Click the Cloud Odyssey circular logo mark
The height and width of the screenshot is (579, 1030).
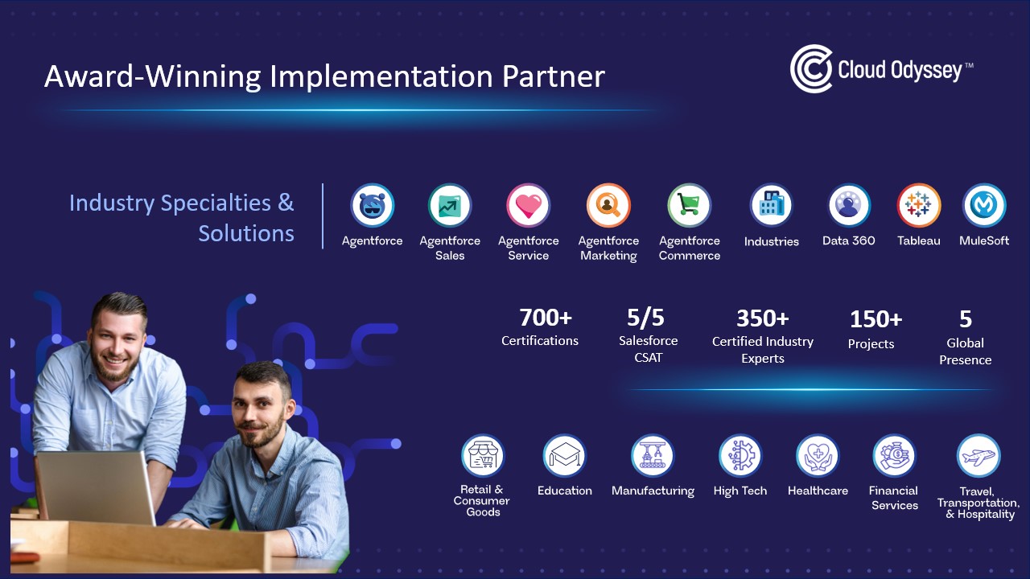pyautogui.click(x=811, y=69)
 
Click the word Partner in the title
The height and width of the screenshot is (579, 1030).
pyautogui.click(x=553, y=76)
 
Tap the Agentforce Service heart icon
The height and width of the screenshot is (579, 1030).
pyautogui.click(x=529, y=205)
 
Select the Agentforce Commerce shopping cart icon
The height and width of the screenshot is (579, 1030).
pyautogui.click(x=690, y=205)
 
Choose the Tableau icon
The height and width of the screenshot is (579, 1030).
pyautogui.click(x=918, y=205)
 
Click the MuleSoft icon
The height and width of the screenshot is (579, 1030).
pyautogui.click(x=984, y=205)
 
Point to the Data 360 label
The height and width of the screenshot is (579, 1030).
pyautogui.click(x=848, y=240)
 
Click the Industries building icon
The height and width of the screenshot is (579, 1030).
pyautogui.click(x=771, y=205)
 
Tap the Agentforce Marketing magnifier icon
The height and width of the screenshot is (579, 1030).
pyautogui.click(x=608, y=205)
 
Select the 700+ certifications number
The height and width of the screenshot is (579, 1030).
pyautogui.click(x=546, y=318)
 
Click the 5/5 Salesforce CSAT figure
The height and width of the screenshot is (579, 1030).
pyautogui.click(x=645, y=318)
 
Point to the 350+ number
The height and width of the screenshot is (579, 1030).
pyautogui.click(x=762, y=318)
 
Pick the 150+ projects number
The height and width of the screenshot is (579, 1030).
pyautogui.click(x=875, y=319)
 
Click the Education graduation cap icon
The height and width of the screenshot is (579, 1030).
pyautogui.click(x=565, y=456)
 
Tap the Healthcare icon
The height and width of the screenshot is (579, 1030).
pyautogui.click(x=818, y=456)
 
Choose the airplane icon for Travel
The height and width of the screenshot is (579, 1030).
pyautogui.click(x=978, y=456)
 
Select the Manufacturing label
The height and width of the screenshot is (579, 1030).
pyautogui.click(x=653, y=491)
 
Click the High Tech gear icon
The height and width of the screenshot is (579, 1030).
pyautogui.click(x=740, y=456)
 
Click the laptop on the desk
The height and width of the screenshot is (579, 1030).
pyautogui.click(x=97, y=488)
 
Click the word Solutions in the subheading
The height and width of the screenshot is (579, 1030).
pyautogui.click(x=246, y=233)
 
